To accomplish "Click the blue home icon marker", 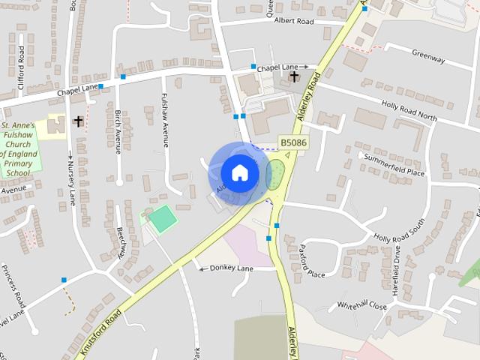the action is [x=239, y=173].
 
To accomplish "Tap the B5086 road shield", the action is [x=293, y=141].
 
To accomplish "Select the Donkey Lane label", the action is [x=227, y=268].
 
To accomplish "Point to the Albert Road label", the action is [x=293, y=22].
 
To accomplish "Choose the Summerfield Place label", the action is [x=394, y=166].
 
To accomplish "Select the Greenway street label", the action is [x=429, y=58].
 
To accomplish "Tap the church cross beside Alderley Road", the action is [x=294, y=76].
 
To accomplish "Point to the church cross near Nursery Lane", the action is [x=77, y=120].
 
